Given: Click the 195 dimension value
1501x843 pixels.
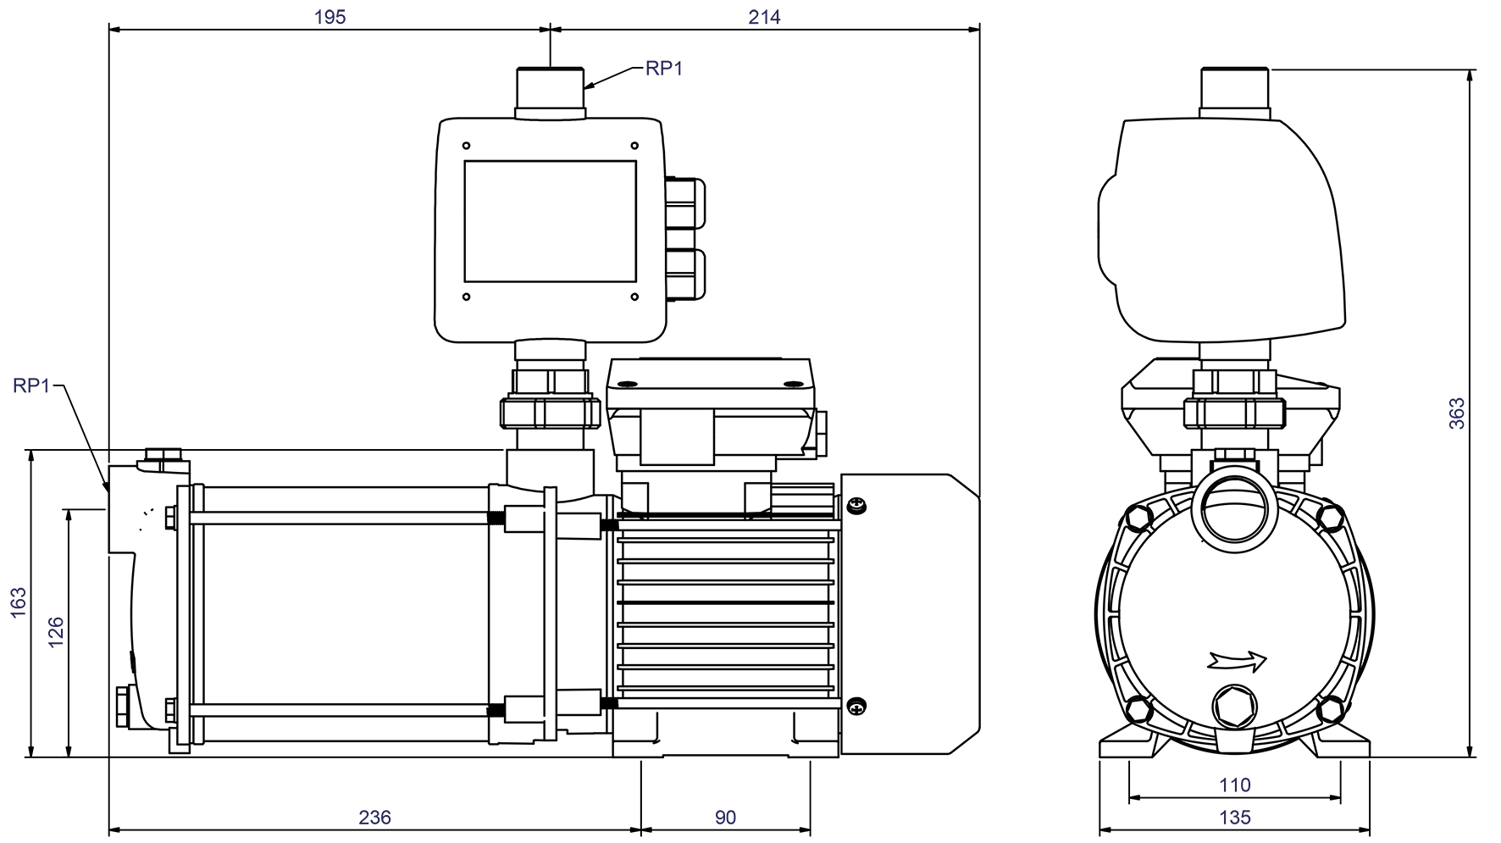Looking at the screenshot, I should pyautogui.click(x=330, y=17).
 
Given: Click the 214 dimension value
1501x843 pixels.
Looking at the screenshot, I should pyautogui.click(x=764, y=17).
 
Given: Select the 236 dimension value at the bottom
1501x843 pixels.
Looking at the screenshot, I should pyautogui.click(x=375, y=817).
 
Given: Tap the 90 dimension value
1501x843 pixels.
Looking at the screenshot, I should pyautogui.click(x=725, y=817).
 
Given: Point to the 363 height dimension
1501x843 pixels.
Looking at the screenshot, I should pyautogui.click(x=1456, y=413).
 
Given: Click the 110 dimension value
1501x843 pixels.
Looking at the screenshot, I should pyautogui.click(x=1234, y=785).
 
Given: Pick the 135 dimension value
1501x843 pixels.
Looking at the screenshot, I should pyautogui.click(x=1234, y=817).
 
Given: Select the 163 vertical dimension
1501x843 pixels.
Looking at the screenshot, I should pyautogui.click(x=19, y=602).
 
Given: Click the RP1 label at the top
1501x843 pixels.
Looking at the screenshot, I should pyautogui.click(x=664, y=69).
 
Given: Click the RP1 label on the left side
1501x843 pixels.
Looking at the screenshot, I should pyautogui.click(x=32, y=386).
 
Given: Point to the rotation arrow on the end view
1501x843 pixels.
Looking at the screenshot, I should pyautogui.click(x=1238, y=659).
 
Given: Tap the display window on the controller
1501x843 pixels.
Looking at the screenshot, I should pyautogui.click(x=551, y=221).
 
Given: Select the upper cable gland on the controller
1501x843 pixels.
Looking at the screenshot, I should pyautogui.click(x=684, y=202).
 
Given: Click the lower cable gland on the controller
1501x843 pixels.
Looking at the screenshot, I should pyautogui.click(x=684, y=274).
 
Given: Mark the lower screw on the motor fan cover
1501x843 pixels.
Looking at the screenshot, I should pyautogui.click(x=857, y=703).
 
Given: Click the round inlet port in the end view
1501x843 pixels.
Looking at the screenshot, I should pyautogui.click(x=1234, y=511).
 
